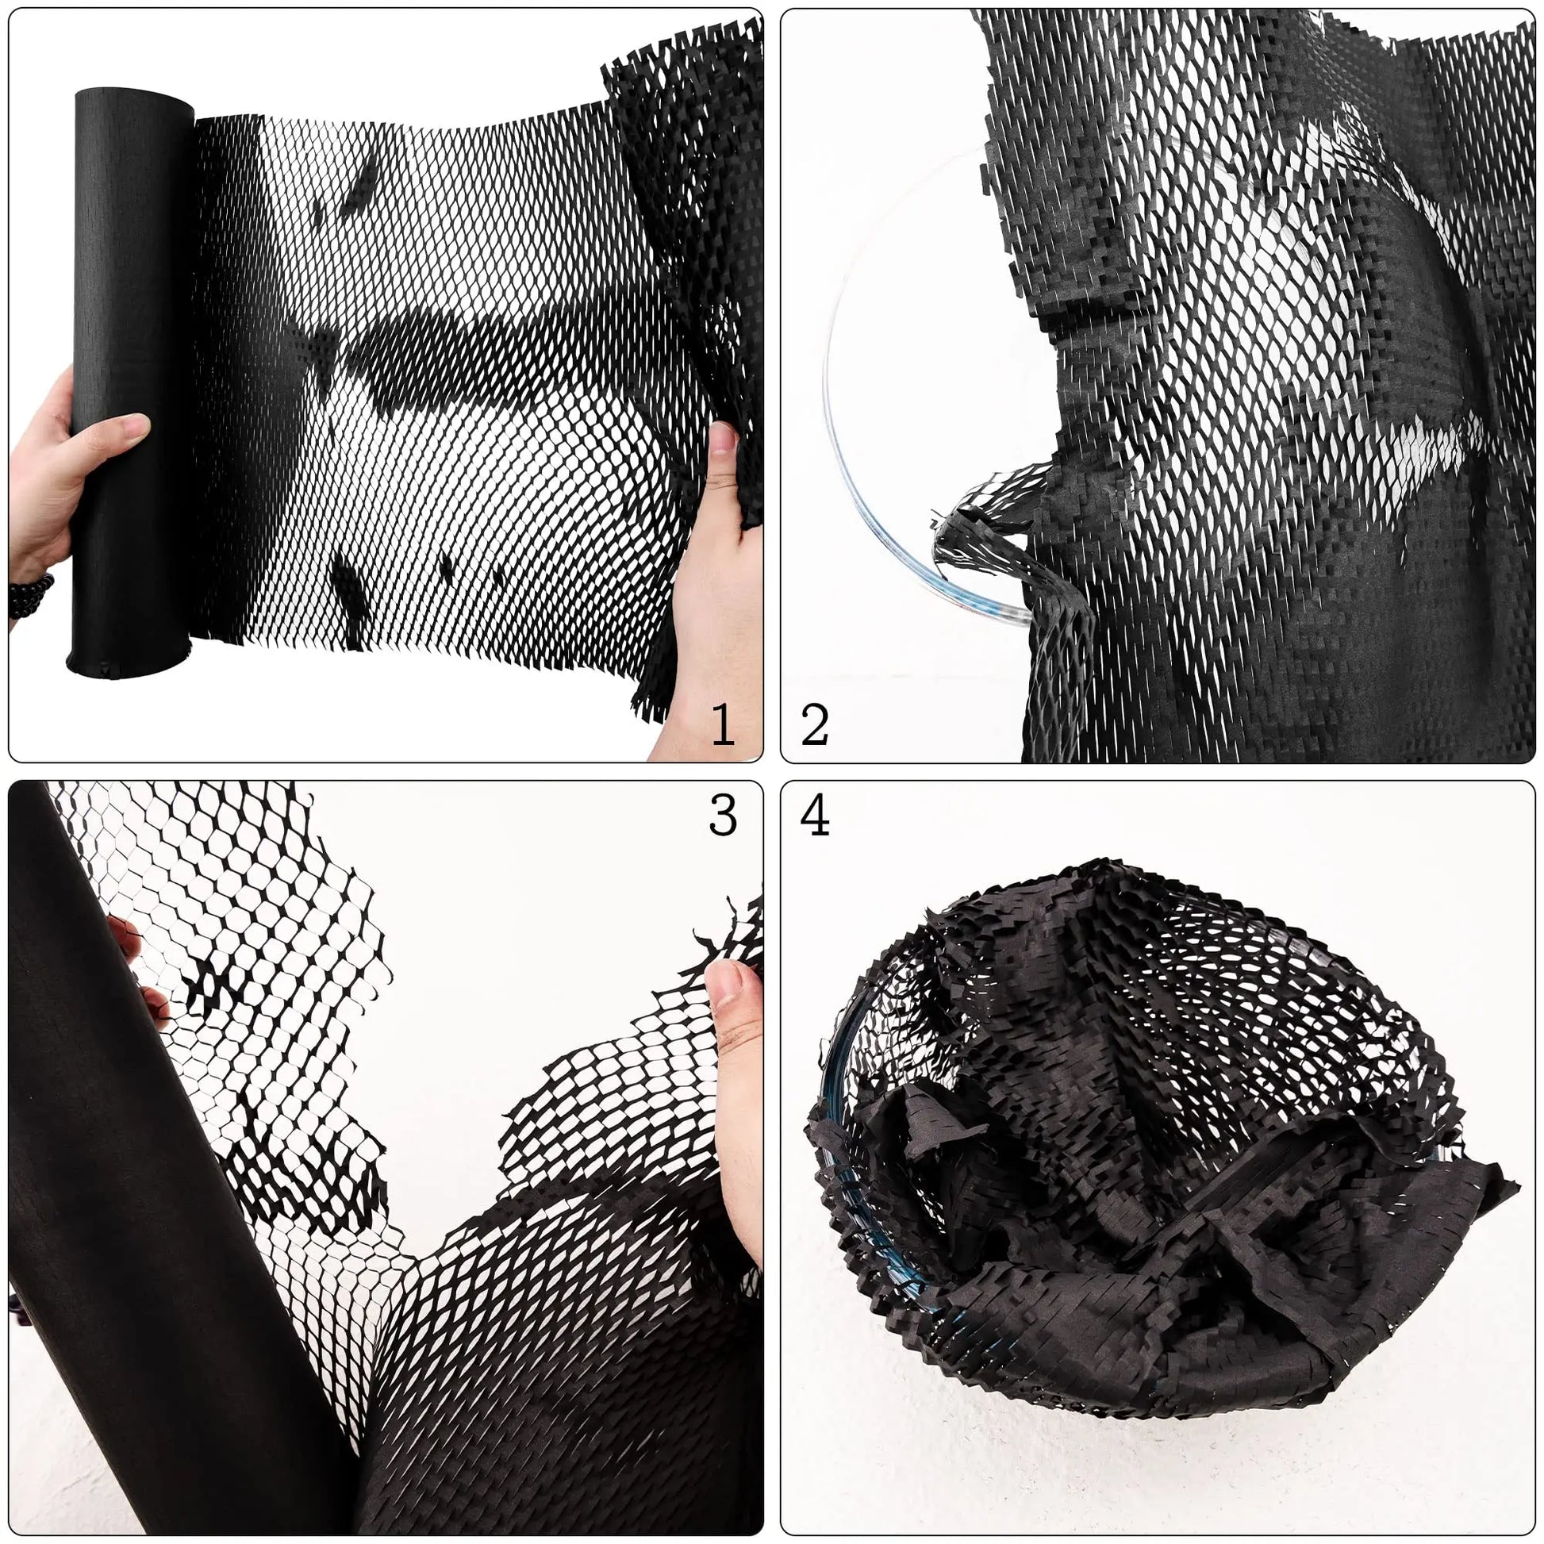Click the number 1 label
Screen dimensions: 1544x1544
(x=723, y=725)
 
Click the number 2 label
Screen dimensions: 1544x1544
(x=814, y=725)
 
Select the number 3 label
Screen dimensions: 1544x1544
(x=723, y=816)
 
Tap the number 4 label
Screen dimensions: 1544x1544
(x=814, y=816)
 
